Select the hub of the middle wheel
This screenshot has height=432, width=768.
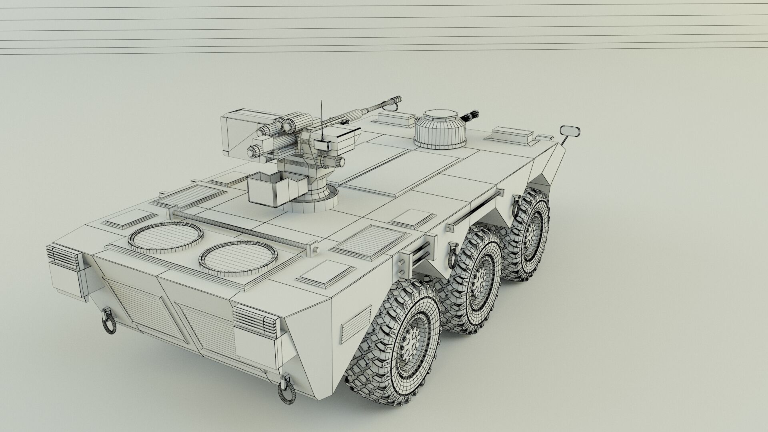click(478, 278)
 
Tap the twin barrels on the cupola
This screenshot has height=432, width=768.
click(471, 115)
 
